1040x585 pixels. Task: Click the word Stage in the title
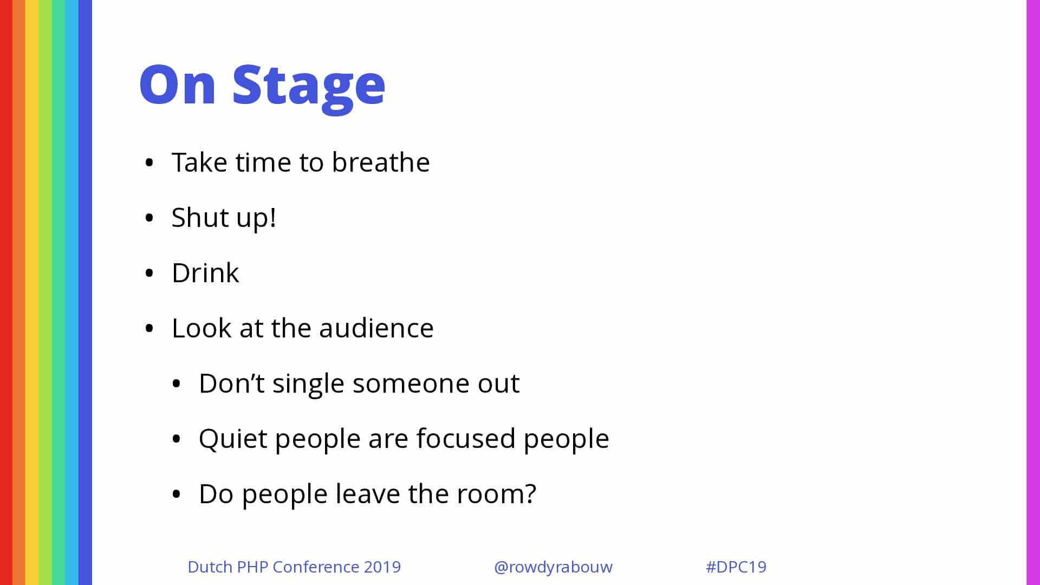click(x=309, y=87)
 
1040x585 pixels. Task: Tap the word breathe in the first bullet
click(x=381, y=162)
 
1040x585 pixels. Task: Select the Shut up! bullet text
click(x=224, y=218)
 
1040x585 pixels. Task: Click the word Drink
click(x=205, y=272)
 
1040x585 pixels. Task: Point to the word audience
click(x=376, y=328)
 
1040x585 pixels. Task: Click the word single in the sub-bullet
click(x=308, y=384)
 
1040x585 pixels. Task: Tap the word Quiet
click(x=233, y=439)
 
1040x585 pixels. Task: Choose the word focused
click(x=466, y=438)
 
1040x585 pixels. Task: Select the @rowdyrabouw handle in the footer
click(x=553, y=567)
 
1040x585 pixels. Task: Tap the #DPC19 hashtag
click(x=736, y=567)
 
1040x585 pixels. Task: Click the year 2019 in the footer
click(x=382, y=567)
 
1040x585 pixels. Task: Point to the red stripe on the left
click(x=6, y=292)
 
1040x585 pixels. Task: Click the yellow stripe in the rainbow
click(x=32, y=292)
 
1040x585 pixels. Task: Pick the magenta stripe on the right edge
click(x=1033, y=292)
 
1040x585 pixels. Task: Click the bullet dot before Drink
click(x=149, y=273)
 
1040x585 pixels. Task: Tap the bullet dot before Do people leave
click(x=176, y=494)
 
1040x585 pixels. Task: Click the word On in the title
click(x=178, y=84)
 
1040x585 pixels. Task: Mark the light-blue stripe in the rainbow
click(x=71, y=292)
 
